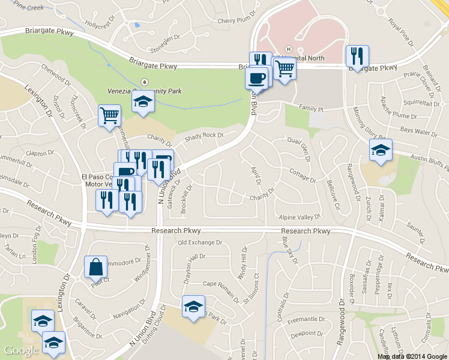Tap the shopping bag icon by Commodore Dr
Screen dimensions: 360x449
click(x=96, y=266)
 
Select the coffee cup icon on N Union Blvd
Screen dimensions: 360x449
click(x=256, y=77)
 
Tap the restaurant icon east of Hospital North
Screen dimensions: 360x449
click(x=357, y=56)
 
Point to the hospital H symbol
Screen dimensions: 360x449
click(x=289, y=49)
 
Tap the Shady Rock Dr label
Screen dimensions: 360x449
click(x=204, y=136)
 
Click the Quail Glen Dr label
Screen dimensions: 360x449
click(x=299, y=148)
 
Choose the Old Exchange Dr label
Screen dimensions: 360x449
click(x=200, y=243)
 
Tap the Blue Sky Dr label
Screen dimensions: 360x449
click(x=290, y=250)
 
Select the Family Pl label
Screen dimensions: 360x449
click(x=312, y=110)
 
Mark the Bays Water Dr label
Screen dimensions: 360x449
click(x=418, y=130)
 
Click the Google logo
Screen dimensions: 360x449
click(x=22, y=350)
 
